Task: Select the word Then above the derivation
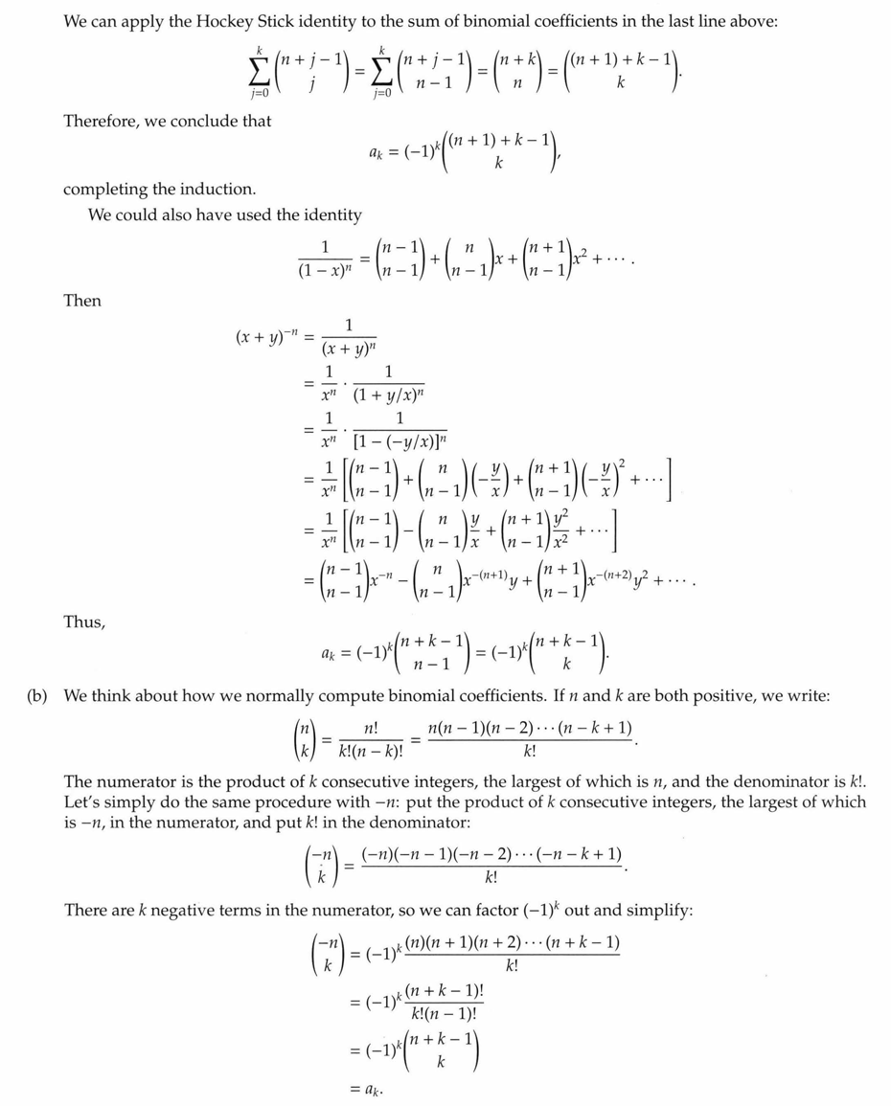[x=81, y=301]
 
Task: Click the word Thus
[x=83, y=622]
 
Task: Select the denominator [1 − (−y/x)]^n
[x=400, y=440]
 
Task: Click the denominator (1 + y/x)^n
[x=400, y=393]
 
